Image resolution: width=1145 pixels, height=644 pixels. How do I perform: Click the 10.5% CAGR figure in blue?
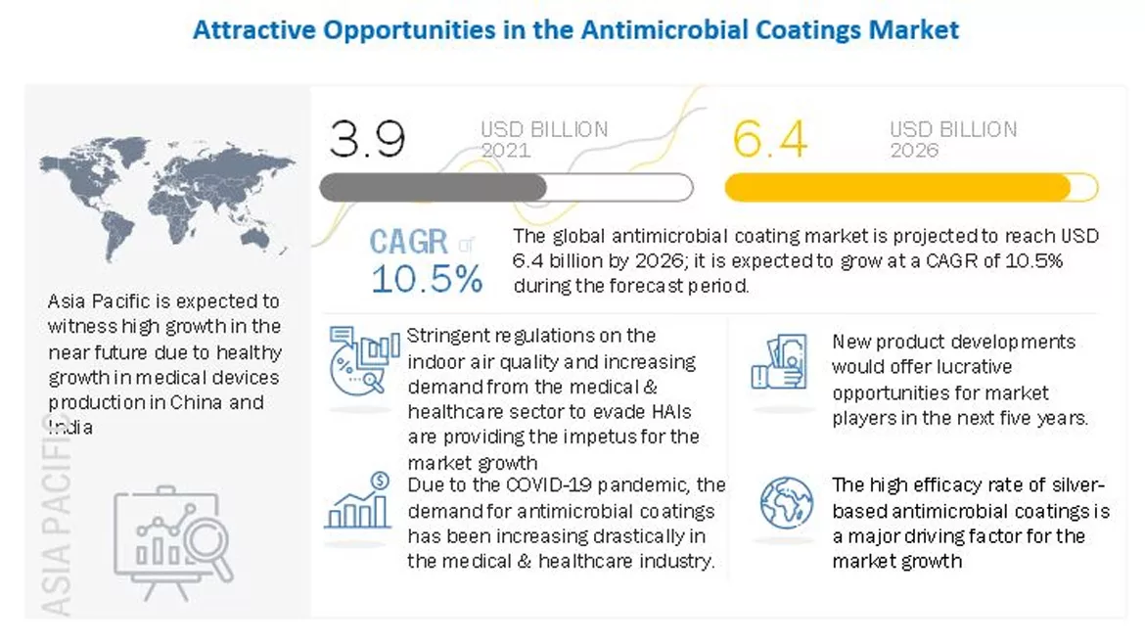tap(427, 279)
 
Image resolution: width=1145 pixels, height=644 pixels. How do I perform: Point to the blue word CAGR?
tap(409, 242)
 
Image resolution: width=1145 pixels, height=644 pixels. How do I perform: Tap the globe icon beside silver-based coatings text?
tap(786, 501)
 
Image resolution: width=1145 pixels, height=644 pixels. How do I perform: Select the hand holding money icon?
tap(779, 361)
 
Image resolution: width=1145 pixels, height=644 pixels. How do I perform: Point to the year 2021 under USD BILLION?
tap(505, 150)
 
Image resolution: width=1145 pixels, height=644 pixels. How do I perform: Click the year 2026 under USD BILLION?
tap(914, 150)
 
